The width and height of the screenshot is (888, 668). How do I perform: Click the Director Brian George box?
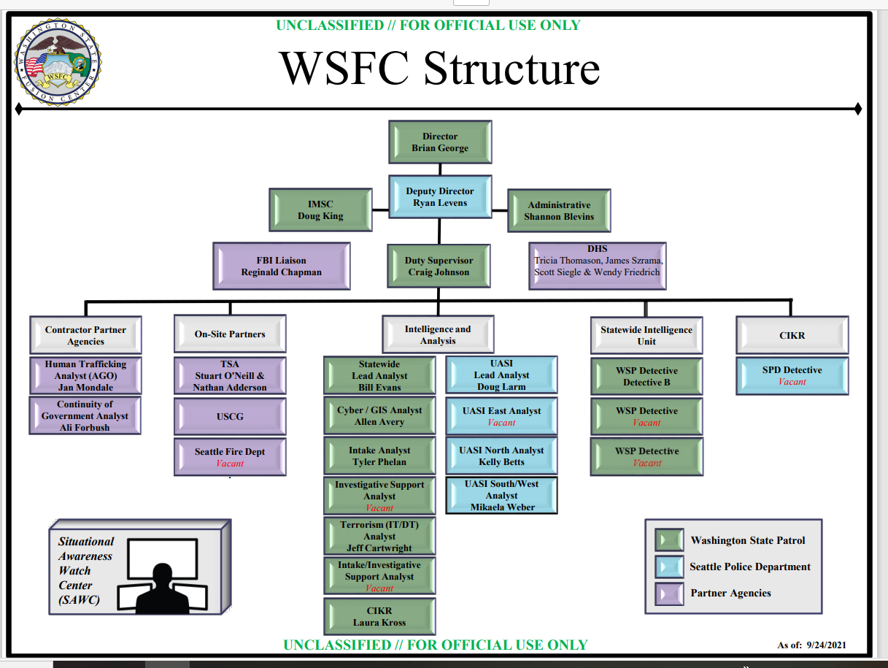click(x=440, y=142)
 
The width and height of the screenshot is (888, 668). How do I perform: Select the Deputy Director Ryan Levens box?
click(x=440, y=197)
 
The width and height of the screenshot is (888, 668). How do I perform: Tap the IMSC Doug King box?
click(x=320, y=210)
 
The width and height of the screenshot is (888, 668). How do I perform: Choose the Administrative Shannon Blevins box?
click(x=559, y=211)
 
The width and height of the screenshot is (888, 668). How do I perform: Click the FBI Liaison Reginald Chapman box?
click(x=282, y=266)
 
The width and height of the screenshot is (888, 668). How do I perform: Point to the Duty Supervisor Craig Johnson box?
click(x=439, y=266)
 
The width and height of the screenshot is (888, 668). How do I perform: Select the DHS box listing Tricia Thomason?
click(x=598, y=266)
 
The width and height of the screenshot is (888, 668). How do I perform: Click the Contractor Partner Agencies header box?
click(x=85, y=335)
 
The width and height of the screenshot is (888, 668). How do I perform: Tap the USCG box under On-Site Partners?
click(x=230, y=416)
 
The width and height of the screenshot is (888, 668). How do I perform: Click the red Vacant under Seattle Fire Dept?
click(x=230, y=464)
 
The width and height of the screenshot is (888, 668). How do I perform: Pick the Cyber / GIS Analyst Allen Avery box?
click(x=379, y=416)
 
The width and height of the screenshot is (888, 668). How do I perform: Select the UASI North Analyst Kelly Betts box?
click(x=501, y=456)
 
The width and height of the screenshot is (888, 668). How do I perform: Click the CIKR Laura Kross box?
click(x=379, y=616)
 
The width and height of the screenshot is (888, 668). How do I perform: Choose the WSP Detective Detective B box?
click(x=646, y=376)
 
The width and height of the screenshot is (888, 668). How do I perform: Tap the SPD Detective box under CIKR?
click(x=792, y=375)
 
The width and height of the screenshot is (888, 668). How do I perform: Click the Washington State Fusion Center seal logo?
click(x=58, y=62)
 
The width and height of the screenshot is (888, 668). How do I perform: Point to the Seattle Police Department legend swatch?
click(x=669, y=567)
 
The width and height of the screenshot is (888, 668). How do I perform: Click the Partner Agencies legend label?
click(x=730, y=593)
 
